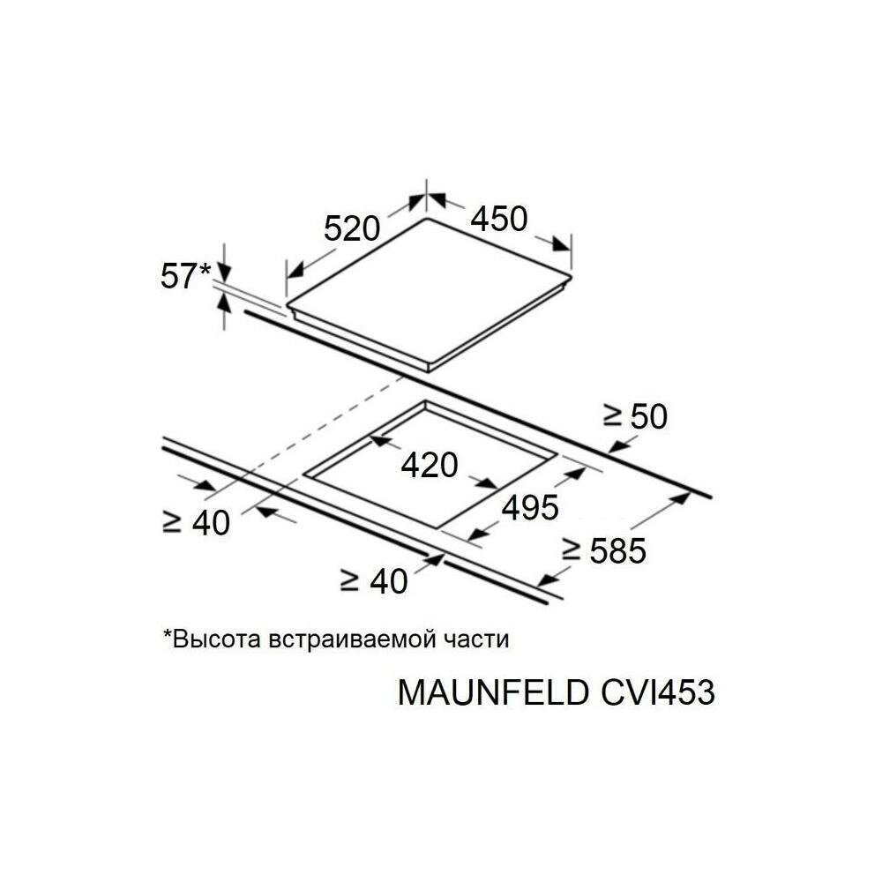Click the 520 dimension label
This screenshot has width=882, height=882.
[351, 228]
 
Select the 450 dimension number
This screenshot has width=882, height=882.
[498, 218]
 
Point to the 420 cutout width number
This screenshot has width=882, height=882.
[430, 464]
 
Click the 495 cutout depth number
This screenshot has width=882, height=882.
[529, 507]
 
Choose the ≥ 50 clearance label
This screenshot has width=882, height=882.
[635, 416]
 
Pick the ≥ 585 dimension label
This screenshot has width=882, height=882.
[605, 551]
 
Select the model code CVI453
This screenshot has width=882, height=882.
[654, 692]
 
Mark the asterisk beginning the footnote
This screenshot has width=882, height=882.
[167, 635]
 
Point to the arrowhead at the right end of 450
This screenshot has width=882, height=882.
[562, 242]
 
